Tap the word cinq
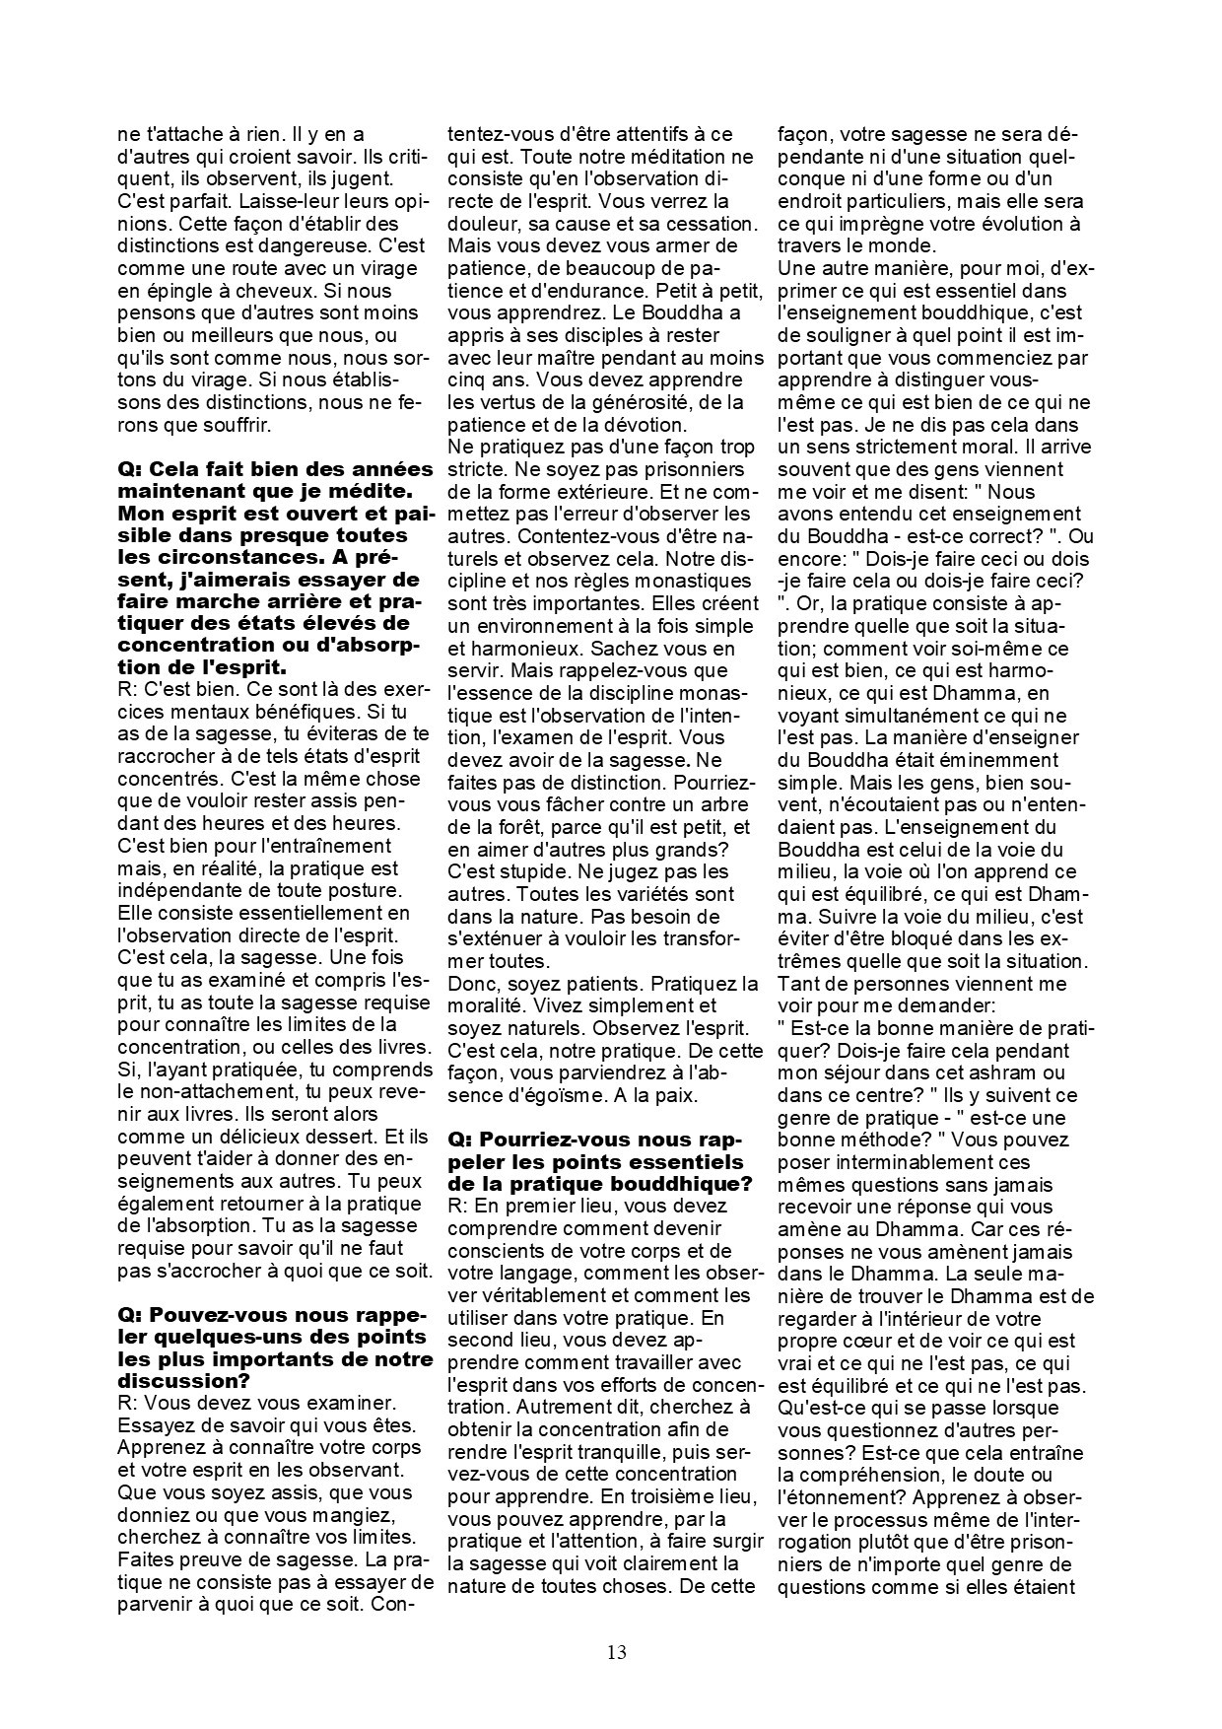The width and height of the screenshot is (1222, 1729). [467, 380]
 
